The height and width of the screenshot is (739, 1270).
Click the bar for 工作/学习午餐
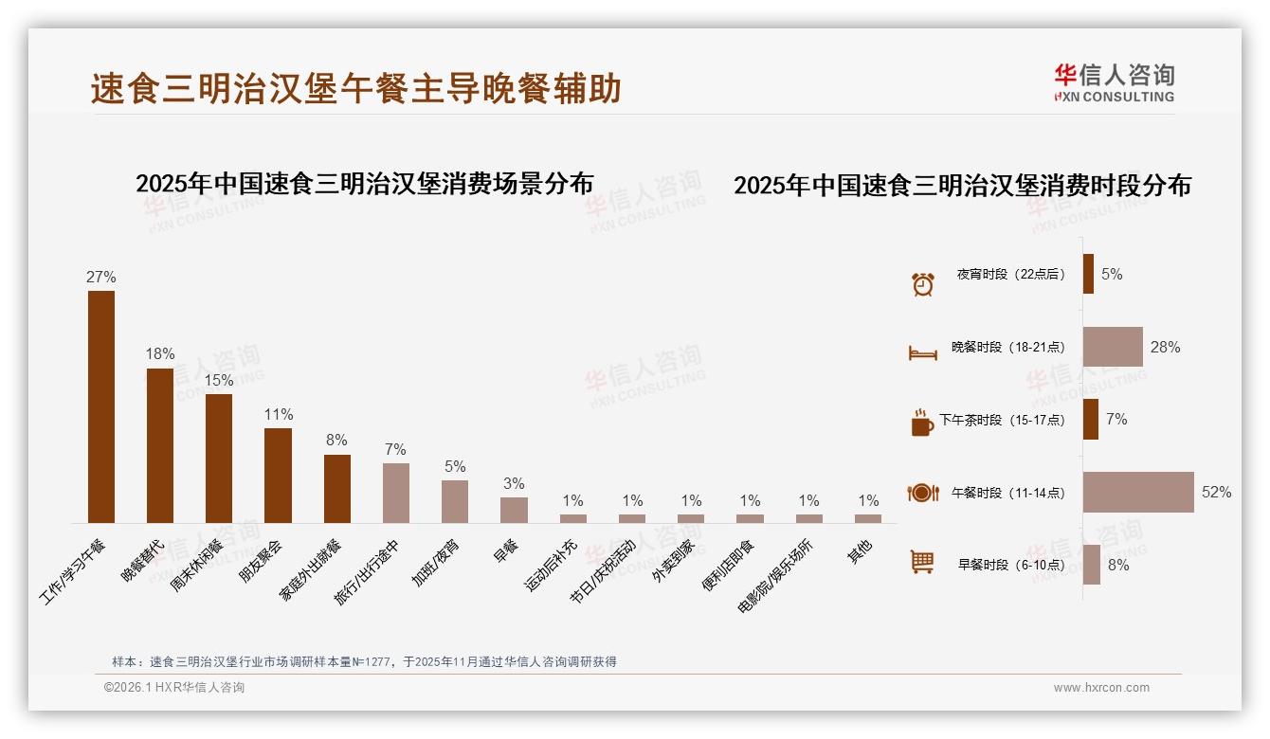pos(101,406)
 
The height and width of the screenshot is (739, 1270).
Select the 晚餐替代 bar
pos(160,445)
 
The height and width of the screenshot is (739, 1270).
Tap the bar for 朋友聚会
pos(278,475)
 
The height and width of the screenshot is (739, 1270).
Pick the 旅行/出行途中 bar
pos(396,493)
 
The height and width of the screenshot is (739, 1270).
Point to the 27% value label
pos(101,278)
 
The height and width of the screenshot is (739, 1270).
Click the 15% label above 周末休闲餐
pos(219,381)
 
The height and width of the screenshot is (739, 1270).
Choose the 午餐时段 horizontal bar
pos(1138,492)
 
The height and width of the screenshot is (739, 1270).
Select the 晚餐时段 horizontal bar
pos(1113,347)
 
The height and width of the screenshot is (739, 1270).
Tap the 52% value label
pos(1217,493)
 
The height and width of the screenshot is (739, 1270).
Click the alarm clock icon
pos(922,284)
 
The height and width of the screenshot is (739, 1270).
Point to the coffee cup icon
pos(922,423)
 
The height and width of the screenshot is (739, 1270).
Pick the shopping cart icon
pos(922,563)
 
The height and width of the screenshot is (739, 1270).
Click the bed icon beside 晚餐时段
pos(922,352)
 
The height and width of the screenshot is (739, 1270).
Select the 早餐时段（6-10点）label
pos(1010,565)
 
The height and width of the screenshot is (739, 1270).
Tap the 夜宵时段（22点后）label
pos(1010,275)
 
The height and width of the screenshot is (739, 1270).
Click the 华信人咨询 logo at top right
pos(1114,83)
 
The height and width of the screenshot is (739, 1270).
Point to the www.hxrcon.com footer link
pos(1101,688)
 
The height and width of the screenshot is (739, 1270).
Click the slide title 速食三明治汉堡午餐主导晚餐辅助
pos(356,88)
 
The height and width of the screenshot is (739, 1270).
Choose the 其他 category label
pos(860,551)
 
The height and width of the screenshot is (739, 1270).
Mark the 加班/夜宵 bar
pos(455,501)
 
